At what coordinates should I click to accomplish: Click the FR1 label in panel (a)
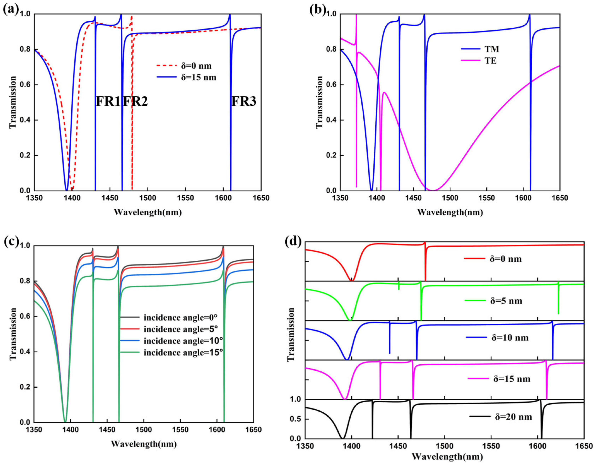tap(108, 101)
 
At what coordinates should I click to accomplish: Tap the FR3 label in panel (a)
tap(244, 101)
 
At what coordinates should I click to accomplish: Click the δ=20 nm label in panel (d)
tap(513, 417)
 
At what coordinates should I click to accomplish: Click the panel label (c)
tap(11, 242)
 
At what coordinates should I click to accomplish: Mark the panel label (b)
tap(317, 10)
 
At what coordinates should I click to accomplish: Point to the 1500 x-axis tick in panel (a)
tap(148, 198)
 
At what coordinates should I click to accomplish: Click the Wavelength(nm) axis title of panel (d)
tap(447, 456)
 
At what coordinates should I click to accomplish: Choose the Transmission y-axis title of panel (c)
tap(13, 334)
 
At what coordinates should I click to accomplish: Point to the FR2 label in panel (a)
tap(135, 101)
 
